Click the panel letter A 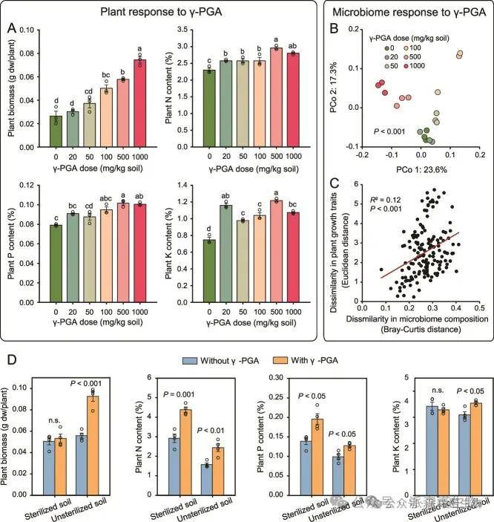pos(13,27)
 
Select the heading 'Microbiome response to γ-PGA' pos(410,12)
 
